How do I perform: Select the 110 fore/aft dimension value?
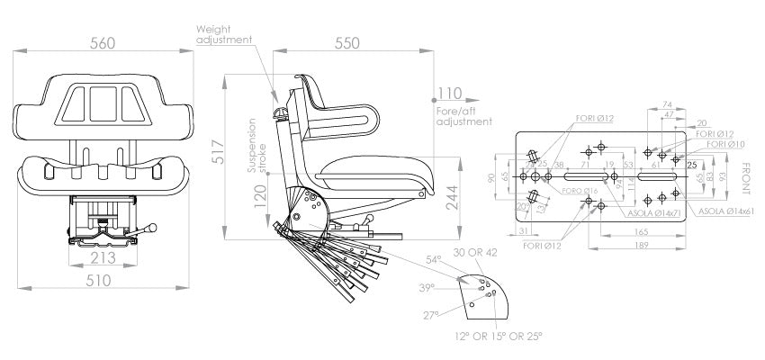[x=448, y=93]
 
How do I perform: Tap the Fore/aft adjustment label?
[x=463, y=115]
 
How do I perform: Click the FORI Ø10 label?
[x=726, y=144]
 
